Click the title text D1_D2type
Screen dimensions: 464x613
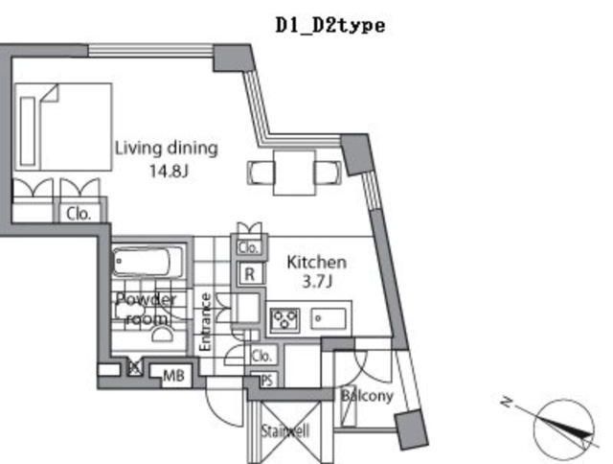(x=329, y=26)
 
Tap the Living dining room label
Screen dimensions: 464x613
(x=167, y=149)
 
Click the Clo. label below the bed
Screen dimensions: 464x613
(x=79, y=215)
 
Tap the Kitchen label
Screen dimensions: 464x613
(x=317, y=262)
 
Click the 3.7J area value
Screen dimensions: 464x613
(x=317, y=283)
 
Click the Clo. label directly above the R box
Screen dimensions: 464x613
(x=248, y=248)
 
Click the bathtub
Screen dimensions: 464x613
(x=145, y=263)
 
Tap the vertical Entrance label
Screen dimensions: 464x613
(x=204, y=321)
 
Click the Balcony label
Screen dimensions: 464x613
(x=367, y=395)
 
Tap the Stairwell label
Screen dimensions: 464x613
(x=284, y=430)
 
